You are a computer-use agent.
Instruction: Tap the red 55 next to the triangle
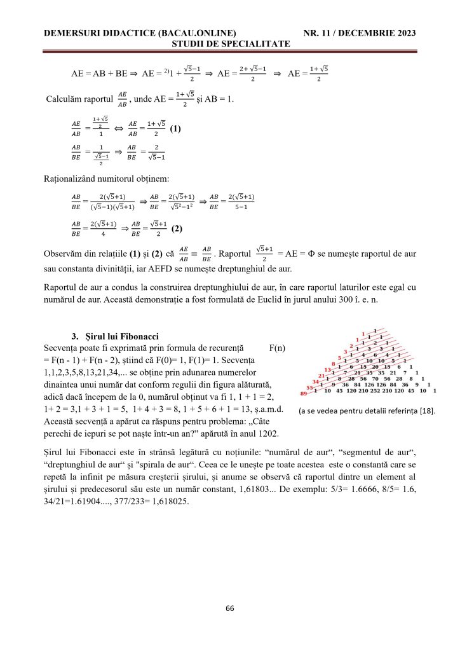point(310,386)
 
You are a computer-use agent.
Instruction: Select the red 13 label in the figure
point(328,369)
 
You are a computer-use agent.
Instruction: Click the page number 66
point(230,608)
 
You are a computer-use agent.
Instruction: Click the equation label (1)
point(175,128)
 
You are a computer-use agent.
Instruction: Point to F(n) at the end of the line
point(278,348)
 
